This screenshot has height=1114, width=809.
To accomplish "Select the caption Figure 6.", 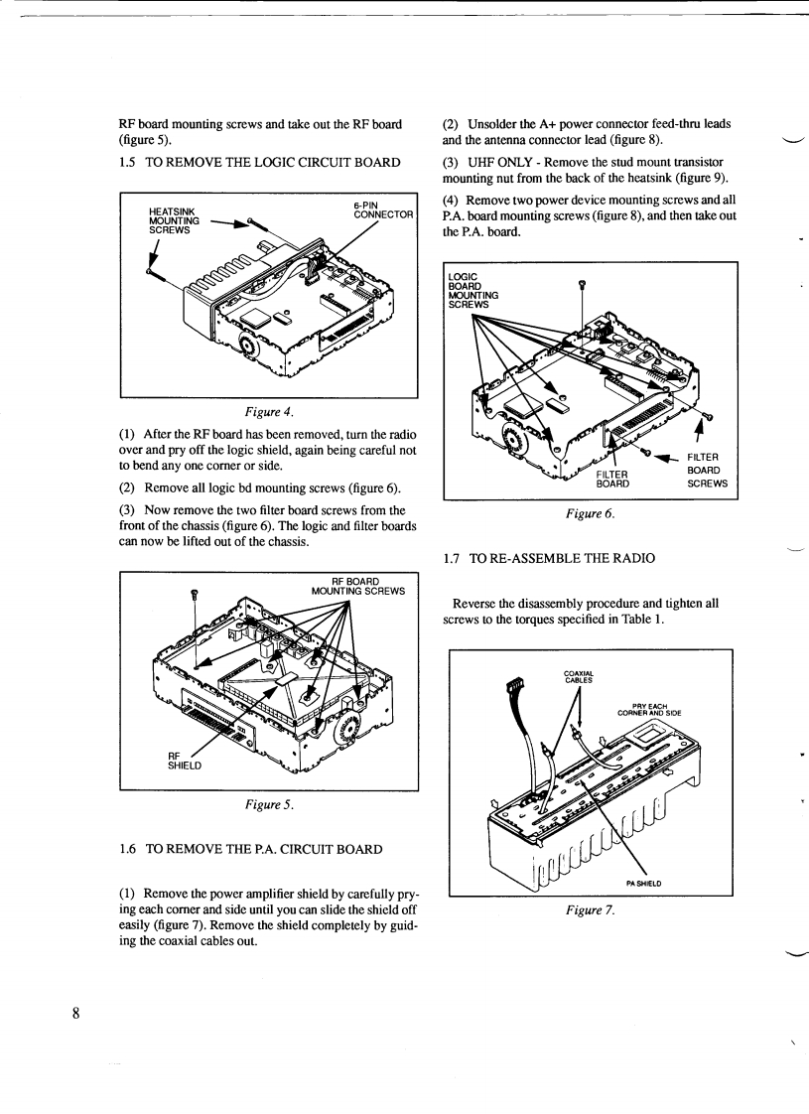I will pos(591,515).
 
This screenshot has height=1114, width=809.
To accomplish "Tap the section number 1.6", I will pos(126,850).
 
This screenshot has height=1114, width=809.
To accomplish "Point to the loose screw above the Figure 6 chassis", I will pos(584,286).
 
